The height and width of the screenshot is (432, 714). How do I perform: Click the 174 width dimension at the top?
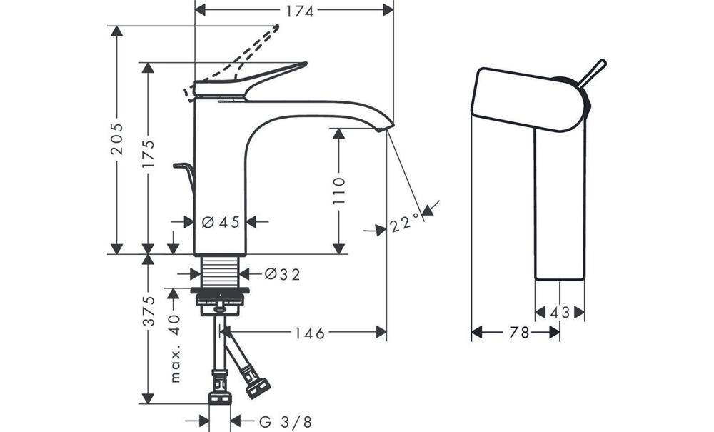point(295,10)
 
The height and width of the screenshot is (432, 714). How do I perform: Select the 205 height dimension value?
point(117,140)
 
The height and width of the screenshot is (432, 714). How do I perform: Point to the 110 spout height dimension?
point(338,191)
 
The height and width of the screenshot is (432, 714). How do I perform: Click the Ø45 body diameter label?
point(221,223)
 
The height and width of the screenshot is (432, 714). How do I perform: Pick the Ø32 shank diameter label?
point(282,273)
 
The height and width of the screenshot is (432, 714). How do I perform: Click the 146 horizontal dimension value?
point(310,333)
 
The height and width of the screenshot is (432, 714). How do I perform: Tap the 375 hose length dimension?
point(148,311)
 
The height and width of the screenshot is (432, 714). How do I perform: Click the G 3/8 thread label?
point(285,421)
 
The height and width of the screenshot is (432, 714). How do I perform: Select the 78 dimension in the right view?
point(519,333)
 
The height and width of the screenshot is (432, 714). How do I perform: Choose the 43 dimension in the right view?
point(560,312)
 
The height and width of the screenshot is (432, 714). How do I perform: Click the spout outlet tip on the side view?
point(386,127)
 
